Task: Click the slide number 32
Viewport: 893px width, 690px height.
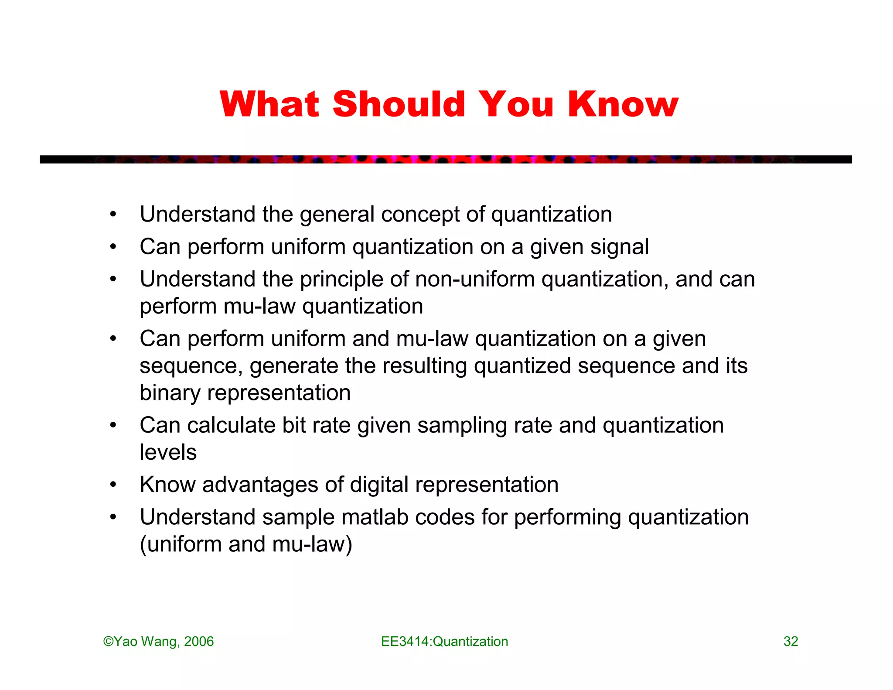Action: click(x=791, y=641)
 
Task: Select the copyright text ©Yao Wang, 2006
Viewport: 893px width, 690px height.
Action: click(x=159, y=641)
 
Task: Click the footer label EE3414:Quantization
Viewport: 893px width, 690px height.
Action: click(x=444, y=641)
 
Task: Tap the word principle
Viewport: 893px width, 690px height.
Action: click(x=341, y=279)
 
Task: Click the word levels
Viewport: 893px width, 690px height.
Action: click(x=168, y=452)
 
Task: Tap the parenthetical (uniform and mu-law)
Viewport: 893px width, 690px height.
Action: click(x=246, y=544)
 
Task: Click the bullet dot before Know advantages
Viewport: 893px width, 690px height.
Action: click(x=113, y=485)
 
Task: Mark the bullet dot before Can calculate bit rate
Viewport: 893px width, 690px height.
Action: click(x=113, y=425)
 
